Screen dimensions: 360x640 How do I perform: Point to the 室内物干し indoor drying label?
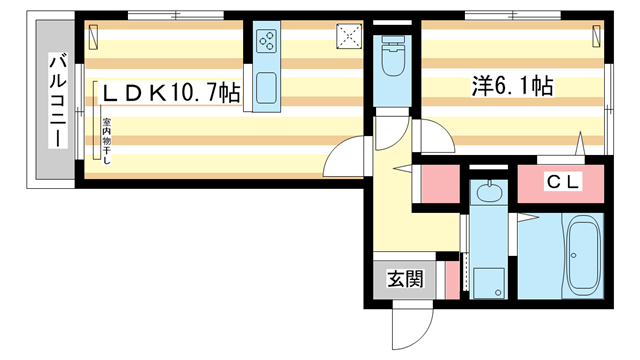[x=105, y=141]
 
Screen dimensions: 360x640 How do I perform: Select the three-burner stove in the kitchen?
[x=267, y=41]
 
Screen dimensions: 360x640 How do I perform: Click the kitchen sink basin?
[x=267, y=88]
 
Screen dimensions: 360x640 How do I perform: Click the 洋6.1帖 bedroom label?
[x=512, y=87]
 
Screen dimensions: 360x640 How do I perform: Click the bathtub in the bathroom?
[x=584, y=255]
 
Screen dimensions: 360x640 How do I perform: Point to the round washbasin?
[x=488, y=192]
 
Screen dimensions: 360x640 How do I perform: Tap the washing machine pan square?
[x=488, y=281]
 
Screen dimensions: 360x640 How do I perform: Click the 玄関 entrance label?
[x=405, y=279]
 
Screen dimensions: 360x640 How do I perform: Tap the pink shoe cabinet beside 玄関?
[x=450, y=280]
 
